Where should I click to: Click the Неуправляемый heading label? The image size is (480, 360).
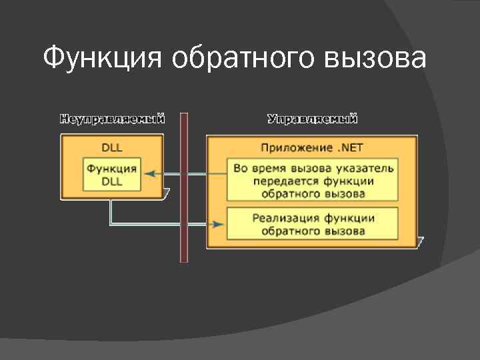coord(113,119)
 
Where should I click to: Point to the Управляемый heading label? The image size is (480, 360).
coord(313,119)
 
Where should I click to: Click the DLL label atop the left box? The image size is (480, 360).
coord(111,147)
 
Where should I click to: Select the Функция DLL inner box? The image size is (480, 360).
coord(112,175)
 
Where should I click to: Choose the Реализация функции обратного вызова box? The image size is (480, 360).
coord(313,224)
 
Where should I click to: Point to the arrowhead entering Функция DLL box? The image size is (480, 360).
coord(149,174)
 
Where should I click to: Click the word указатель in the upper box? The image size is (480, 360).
coord(367,168)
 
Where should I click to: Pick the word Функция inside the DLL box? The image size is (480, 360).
coord(112,169)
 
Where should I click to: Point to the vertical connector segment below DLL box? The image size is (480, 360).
coord(111,212)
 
